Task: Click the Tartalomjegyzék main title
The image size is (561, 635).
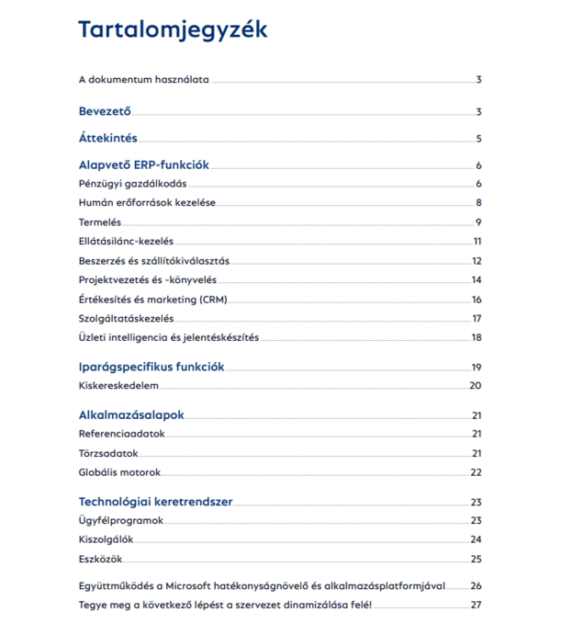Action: click(173, 29)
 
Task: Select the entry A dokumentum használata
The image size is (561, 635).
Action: click(144, 80)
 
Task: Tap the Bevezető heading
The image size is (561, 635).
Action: click(105, 112)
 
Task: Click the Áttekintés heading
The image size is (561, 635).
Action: click(107, 139)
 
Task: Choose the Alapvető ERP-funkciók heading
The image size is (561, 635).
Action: click(145, 165)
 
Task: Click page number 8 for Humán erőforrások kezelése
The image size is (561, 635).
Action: click(478, 203)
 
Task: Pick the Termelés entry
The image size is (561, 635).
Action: click(100, 222)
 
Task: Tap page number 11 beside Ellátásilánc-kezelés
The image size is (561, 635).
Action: click(477, 242)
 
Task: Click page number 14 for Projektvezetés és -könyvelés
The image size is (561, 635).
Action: click(477, 280)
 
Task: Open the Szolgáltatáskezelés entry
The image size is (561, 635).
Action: click(126, 319)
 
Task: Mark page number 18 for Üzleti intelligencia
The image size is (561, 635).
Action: click(477, 338)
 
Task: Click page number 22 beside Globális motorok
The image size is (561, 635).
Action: click(476, 473)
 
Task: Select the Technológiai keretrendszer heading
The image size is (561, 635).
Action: click(155, 502)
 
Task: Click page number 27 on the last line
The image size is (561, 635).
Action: click(476, 605)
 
